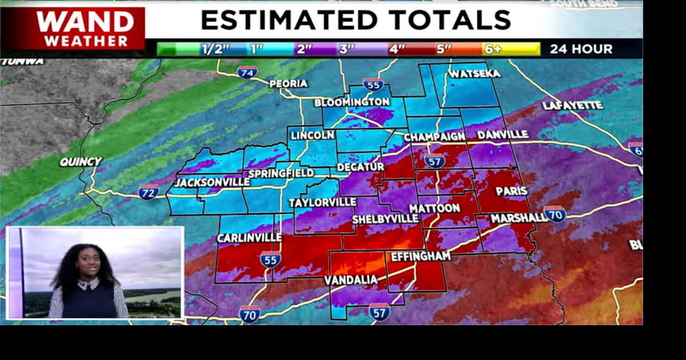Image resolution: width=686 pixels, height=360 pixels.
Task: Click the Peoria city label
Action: pos(288,84)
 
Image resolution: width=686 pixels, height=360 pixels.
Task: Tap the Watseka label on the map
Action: pos(474,73)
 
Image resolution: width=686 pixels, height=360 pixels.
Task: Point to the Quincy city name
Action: pos(80,161)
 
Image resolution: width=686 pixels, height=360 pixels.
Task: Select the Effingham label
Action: pos(421,257)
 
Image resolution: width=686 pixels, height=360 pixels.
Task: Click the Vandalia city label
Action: pos(351,280)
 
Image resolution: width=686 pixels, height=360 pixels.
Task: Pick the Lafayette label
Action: pos(572,106)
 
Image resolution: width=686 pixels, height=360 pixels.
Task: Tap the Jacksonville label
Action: pos(212,182)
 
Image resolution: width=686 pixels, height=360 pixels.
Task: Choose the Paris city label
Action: pos(511,191)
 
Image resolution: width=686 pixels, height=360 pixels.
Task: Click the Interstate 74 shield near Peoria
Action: pos(247,72)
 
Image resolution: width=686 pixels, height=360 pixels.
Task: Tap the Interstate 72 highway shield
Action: pos(148,192)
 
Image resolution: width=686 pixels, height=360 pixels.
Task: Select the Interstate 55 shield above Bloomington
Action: pos(373,84)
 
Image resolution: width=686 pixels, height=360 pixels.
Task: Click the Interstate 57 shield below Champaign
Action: pos(434,160)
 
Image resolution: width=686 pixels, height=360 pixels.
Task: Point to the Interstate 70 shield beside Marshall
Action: pos(555,214)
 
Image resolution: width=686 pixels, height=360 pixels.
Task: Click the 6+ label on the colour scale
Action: pos(493,49)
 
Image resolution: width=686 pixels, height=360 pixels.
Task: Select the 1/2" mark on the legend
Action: pos(215,49)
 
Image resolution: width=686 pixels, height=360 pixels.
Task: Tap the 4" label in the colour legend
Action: pos(397,49)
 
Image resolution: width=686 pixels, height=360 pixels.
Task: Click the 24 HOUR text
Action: pos(581,49)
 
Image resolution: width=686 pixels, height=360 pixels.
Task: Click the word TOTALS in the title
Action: pos(450,20)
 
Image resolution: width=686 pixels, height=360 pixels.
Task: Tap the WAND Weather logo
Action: pos(86,28)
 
